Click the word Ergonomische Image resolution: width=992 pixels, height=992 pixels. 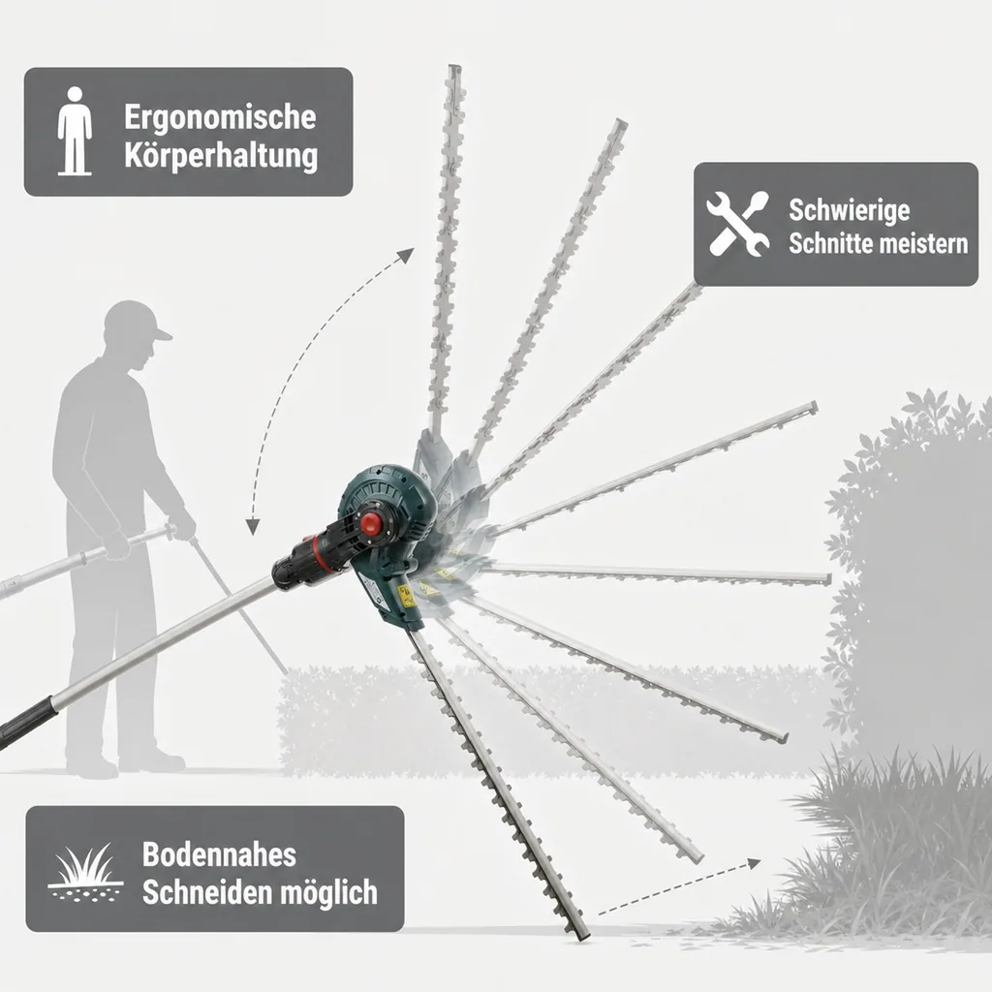(x=220, y=117)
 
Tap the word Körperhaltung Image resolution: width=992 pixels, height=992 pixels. (x=221, y=155)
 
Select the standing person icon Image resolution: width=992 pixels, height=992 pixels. (x=75, y=131)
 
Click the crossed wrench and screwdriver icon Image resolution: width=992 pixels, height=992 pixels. (x=737, y=224)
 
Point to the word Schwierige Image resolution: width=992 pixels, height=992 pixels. (x=849, y=210)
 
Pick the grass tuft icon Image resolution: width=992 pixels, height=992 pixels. (x=85, y=872)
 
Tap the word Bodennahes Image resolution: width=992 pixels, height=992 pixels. (x=219, y=854)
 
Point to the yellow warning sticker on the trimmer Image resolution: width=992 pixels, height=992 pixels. (x=406, y=596)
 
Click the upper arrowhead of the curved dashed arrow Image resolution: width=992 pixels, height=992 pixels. (x=406, y=256)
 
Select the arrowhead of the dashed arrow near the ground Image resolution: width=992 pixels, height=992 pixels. (x=753, y=863)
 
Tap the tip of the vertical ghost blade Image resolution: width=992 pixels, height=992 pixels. (x=454, y=67)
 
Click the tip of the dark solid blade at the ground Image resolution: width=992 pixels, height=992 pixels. (x=582, y=935)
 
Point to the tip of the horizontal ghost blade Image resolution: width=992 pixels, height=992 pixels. (x=827, y=579)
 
